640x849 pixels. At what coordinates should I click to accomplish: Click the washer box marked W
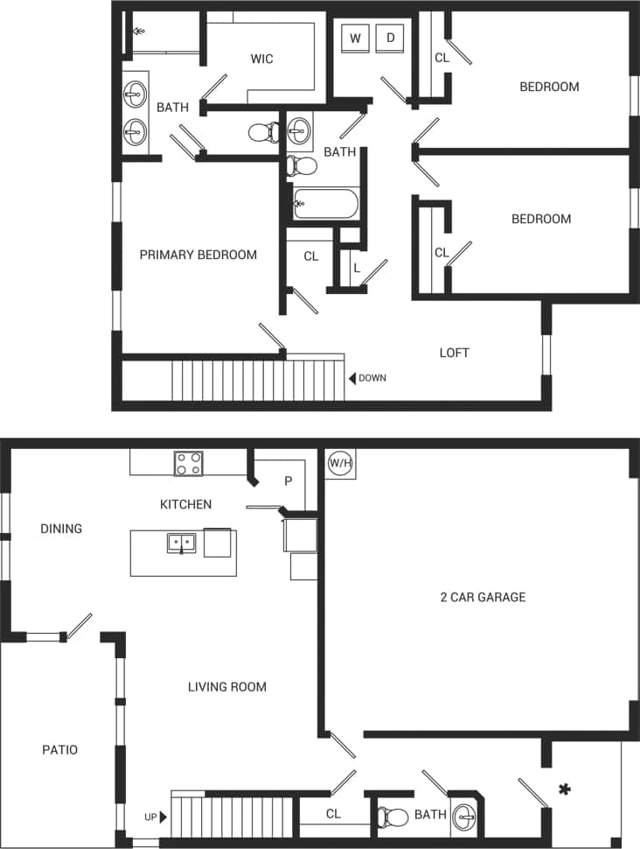tap(355, 38)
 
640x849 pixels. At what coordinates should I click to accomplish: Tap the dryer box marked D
tap(391, 38)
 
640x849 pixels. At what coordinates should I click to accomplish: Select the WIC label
tap(261, 59)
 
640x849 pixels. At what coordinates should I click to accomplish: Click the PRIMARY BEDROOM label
tap(198, 255)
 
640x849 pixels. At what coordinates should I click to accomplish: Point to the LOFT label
tap(454, 353)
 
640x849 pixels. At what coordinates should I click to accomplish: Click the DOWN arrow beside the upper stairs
tap(352, 378)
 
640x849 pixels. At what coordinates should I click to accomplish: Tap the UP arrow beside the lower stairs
tap(163, 817)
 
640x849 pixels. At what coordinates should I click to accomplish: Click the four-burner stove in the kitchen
tap(188, 463)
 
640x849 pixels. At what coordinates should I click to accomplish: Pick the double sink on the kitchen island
tap(181, 543)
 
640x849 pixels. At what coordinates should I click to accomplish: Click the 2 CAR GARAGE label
tap(483, 598)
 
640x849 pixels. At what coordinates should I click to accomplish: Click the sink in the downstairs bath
tap(465, 816)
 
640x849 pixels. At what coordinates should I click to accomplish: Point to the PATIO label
tap(59, 750)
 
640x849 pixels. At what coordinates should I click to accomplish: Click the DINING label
tap(61, 529)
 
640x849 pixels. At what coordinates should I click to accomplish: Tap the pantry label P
tap(289, 482)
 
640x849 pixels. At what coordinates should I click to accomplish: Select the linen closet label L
tap(357, 268)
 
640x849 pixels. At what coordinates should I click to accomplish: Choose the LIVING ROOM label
tap(226, 687)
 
